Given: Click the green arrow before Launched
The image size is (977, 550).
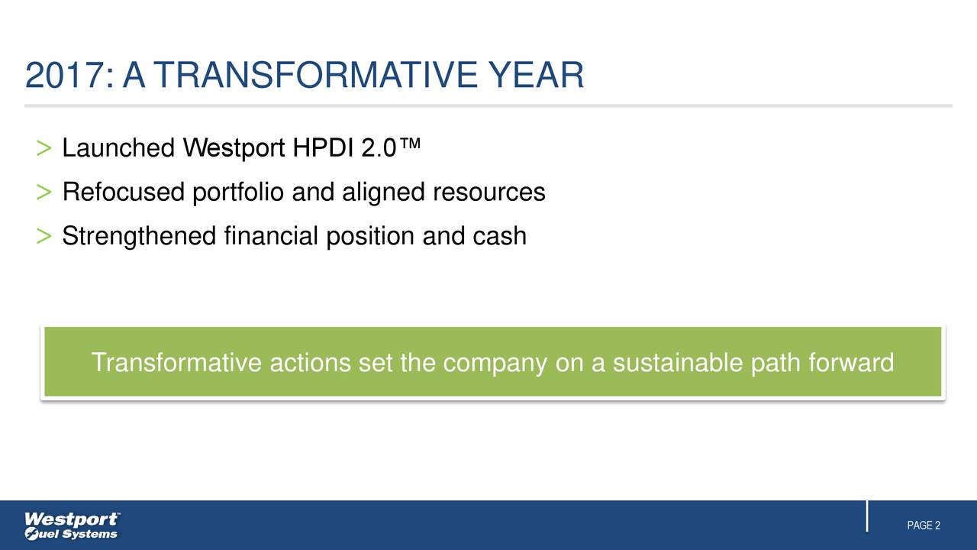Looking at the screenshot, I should pos(44,148).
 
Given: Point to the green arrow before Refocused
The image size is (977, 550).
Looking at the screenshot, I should pos(44,192).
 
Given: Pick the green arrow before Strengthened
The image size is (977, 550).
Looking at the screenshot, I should pos(44,237).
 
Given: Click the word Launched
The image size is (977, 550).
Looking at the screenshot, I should pos(118,148).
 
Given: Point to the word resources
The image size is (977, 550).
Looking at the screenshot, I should pos(489,192).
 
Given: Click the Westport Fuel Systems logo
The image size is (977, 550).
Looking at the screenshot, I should pos(72,526).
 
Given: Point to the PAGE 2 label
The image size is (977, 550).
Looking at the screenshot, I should pos(923,526).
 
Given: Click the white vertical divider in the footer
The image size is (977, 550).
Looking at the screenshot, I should pos(868,516).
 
